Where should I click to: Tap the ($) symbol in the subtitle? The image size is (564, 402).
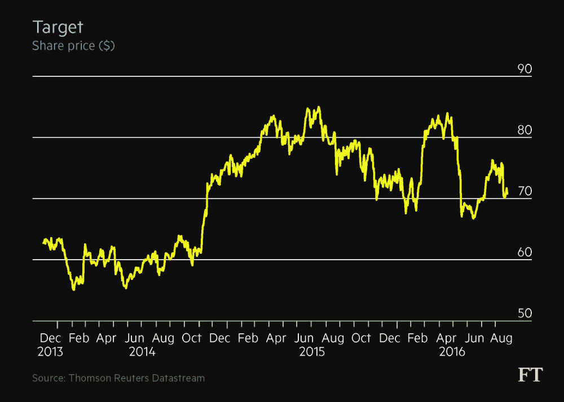tap(107, 46)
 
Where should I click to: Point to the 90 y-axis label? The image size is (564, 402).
tap(525, 69)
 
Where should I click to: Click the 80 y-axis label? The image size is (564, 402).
tap(525, 130)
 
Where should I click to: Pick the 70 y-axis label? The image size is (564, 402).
tap(525, 191)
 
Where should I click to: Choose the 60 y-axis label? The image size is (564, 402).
tap(525, 252)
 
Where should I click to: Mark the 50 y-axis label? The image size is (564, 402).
tap(525, 313)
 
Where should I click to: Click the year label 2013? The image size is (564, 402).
tap(51, 352)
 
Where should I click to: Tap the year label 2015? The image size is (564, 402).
tap(312, 352)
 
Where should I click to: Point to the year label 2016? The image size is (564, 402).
tap(452, 352)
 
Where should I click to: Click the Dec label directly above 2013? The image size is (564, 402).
tap(50, 339)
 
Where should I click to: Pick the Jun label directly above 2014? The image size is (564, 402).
tap(135, 339)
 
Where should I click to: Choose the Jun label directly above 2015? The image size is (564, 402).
tap(305, 339)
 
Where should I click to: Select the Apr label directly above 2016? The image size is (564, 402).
tap(447, 339)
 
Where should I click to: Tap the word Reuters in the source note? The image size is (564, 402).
tap(131, 378)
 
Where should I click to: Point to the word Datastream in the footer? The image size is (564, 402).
tap(178, 378)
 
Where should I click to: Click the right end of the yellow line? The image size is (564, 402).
tap(507, 194)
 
